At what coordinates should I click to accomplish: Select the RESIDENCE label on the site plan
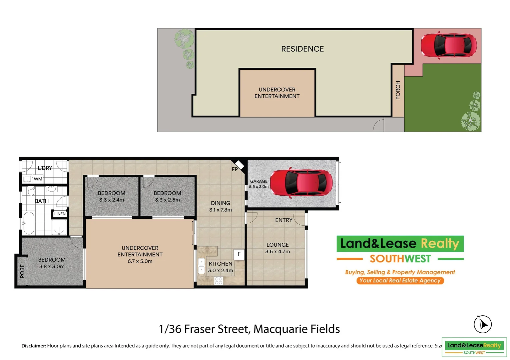click(302, 49)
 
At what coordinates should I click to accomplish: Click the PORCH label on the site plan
click(398, 90)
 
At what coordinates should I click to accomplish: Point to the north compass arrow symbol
click(483, 324)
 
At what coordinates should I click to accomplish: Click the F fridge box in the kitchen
click(239, 254)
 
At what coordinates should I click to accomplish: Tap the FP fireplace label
click(235, 169)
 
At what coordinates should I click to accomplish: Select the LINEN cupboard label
click(60, 214)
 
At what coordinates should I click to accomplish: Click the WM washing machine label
click(38, 179)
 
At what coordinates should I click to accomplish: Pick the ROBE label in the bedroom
click(22, 271)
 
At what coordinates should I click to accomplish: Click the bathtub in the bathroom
click(29, 223)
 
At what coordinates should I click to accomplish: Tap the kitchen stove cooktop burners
click(218, 281)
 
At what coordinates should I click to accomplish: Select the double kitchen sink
click(201, 266)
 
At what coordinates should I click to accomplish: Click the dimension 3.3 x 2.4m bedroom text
click(111, 200)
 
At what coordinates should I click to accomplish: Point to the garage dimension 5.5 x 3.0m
click(259, 187)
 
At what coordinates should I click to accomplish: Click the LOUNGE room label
click(278, 245)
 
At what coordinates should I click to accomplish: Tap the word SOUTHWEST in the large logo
click(400, 259)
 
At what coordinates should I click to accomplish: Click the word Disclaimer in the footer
click(34, 346)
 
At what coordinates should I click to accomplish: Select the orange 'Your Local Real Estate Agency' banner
click(400, 281)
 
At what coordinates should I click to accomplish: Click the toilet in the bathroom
click(31, 191)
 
